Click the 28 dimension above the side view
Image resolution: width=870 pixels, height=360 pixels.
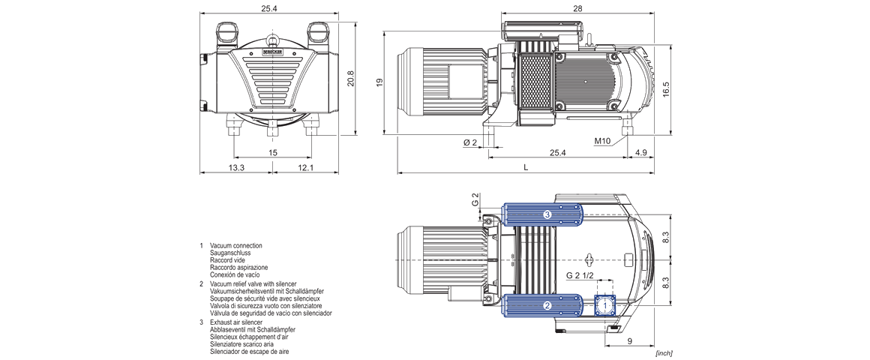(x=577, y=8)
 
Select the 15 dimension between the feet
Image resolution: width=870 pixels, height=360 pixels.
(x=273, y=152)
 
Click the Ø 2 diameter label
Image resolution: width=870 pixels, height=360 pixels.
(x=470, y=142)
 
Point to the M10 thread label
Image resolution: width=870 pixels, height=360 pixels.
(x=602, y=141)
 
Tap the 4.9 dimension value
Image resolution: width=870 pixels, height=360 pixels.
(x=640, y=152)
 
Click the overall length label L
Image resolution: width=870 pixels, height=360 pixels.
(x=526, y=167)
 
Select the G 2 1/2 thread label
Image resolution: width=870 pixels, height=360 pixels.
(x=580, y=275)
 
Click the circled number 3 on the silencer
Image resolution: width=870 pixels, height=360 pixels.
(x=547, y=215)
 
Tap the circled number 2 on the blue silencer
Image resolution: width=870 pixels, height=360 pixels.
(x=547, y=306)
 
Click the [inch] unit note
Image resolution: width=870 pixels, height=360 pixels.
(x=663, y=352)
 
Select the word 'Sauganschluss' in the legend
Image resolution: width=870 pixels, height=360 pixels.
(x=229, y=253)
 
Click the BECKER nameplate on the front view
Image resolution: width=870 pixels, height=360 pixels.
(x=273, y=52)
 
